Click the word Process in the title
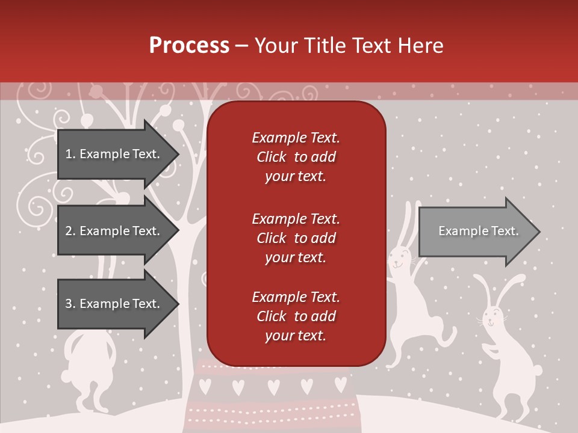(x=189, y=46)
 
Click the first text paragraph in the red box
(x=296, y=157)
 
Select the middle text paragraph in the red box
(x=296, y=238)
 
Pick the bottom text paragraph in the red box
(x=296, y=316)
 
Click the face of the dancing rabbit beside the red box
(x=399, y=260)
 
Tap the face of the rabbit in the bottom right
(x=493, y=318)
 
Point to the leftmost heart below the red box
(x=205, y=382)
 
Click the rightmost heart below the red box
(x=341, y=382)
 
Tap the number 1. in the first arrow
(x=70, y=154)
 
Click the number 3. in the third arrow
(x=70, y=304)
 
